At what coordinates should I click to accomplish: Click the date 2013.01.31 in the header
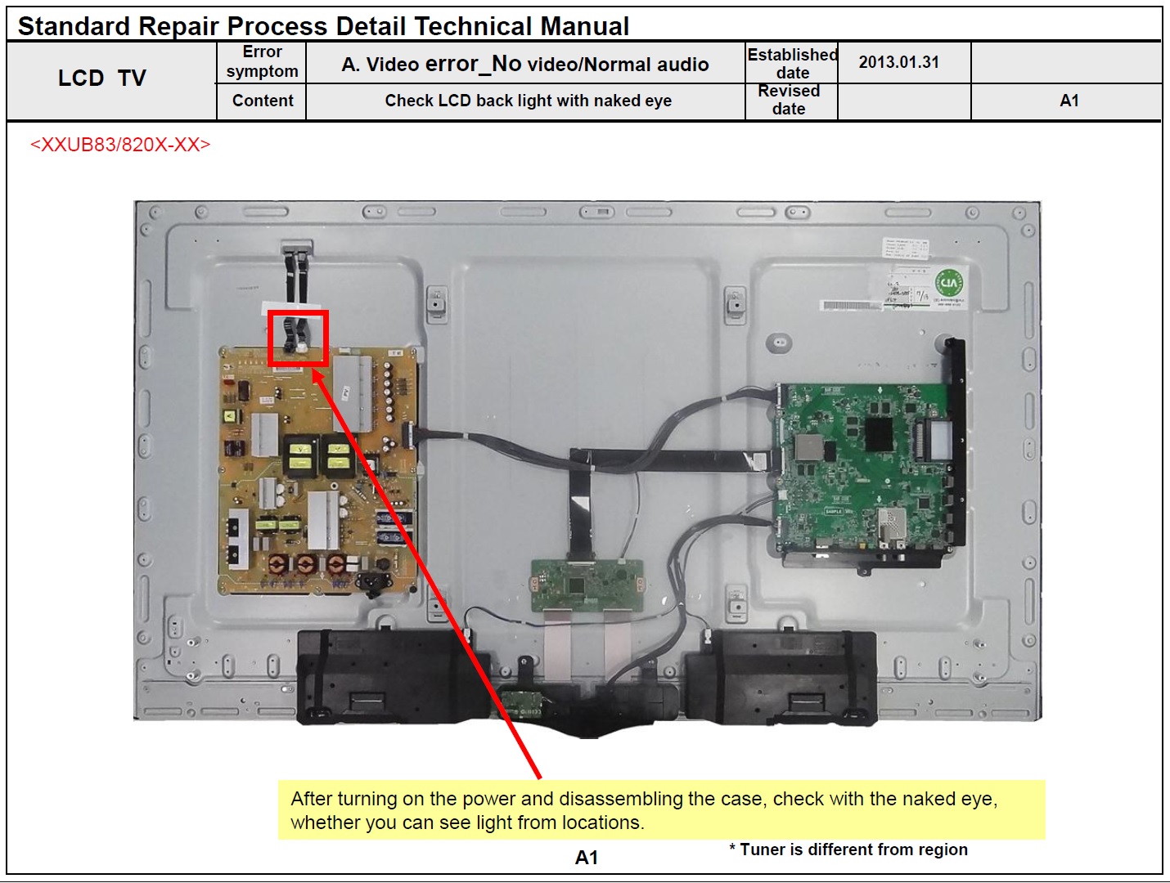coord(898,62)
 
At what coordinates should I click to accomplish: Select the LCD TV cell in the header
coord(102,78)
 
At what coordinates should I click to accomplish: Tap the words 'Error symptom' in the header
coord(262,62)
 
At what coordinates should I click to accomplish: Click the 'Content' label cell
coord(262,101)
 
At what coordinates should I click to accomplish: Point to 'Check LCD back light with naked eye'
coord(528,101)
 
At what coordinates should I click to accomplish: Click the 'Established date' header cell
coord(791,63)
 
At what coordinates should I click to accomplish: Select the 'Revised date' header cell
coord(789,100)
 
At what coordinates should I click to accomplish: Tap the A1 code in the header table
coord(1069,101)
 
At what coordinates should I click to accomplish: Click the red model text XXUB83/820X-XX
coord(120,145)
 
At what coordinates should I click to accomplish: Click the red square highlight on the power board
coord(298,338)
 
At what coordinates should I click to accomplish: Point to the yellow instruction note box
coord(661,809)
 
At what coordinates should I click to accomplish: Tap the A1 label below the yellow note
coord(587,858)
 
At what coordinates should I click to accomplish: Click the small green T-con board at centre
coord(587,585)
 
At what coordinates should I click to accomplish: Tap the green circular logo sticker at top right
coord(949,284)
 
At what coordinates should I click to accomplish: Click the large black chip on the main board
coord(880,435)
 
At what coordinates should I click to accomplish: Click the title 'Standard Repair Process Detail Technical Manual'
coord(323,26)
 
